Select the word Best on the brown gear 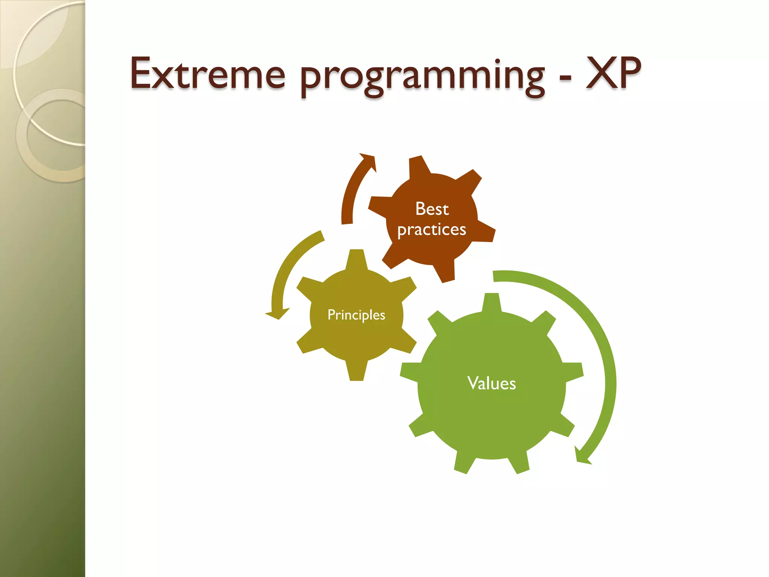point(432,209)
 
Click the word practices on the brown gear point(432,230)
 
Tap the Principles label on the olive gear point(356,315)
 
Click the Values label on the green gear point(492,384)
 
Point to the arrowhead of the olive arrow point(277,313)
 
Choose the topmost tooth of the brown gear point(418,165)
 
